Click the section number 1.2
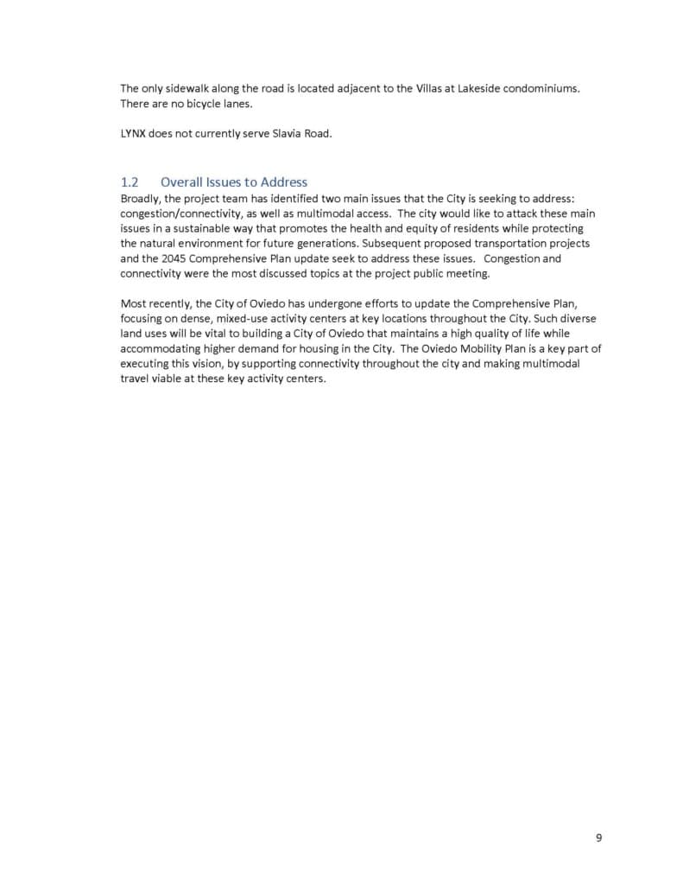pos(130,181)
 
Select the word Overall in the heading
pos(180,181)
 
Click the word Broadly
pos(141,198)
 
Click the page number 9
pos(598,837)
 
